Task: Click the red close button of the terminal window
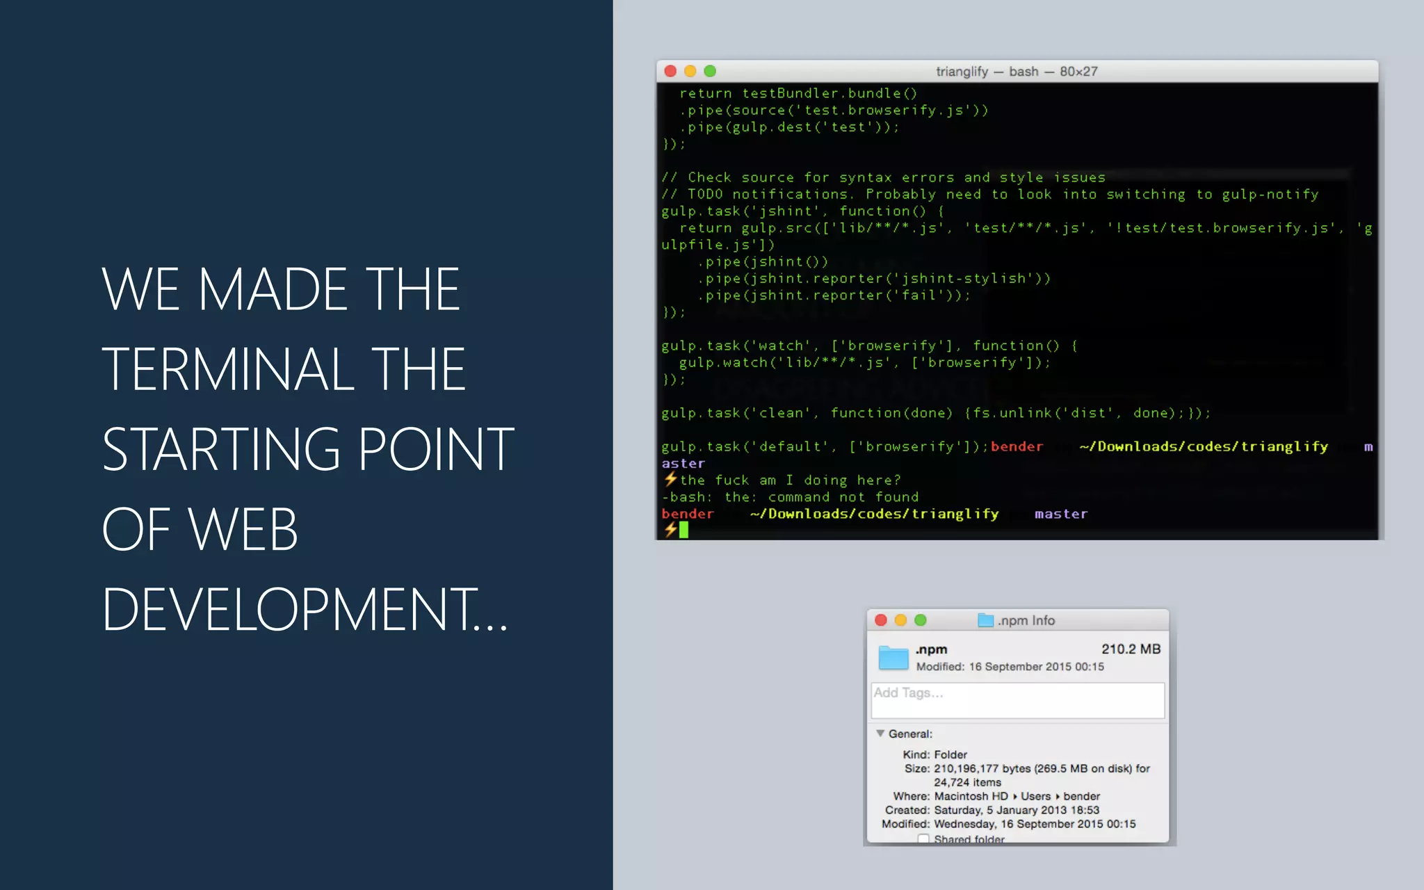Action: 670,71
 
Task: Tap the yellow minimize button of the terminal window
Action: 690,71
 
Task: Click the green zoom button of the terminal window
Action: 710,71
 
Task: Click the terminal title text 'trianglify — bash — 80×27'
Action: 1017,72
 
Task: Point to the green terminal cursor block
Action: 683,531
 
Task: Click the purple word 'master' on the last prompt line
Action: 1060,514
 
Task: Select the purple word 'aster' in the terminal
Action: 683,464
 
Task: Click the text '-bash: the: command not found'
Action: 790,497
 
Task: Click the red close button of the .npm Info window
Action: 881,620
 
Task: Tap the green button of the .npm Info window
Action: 921,620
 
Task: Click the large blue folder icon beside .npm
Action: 893,657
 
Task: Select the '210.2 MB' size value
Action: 1131,649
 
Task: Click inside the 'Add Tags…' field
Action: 1017,700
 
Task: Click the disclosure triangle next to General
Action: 880,734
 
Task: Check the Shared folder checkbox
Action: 923,839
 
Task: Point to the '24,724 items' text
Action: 967,782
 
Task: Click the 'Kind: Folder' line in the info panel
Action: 934,754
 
